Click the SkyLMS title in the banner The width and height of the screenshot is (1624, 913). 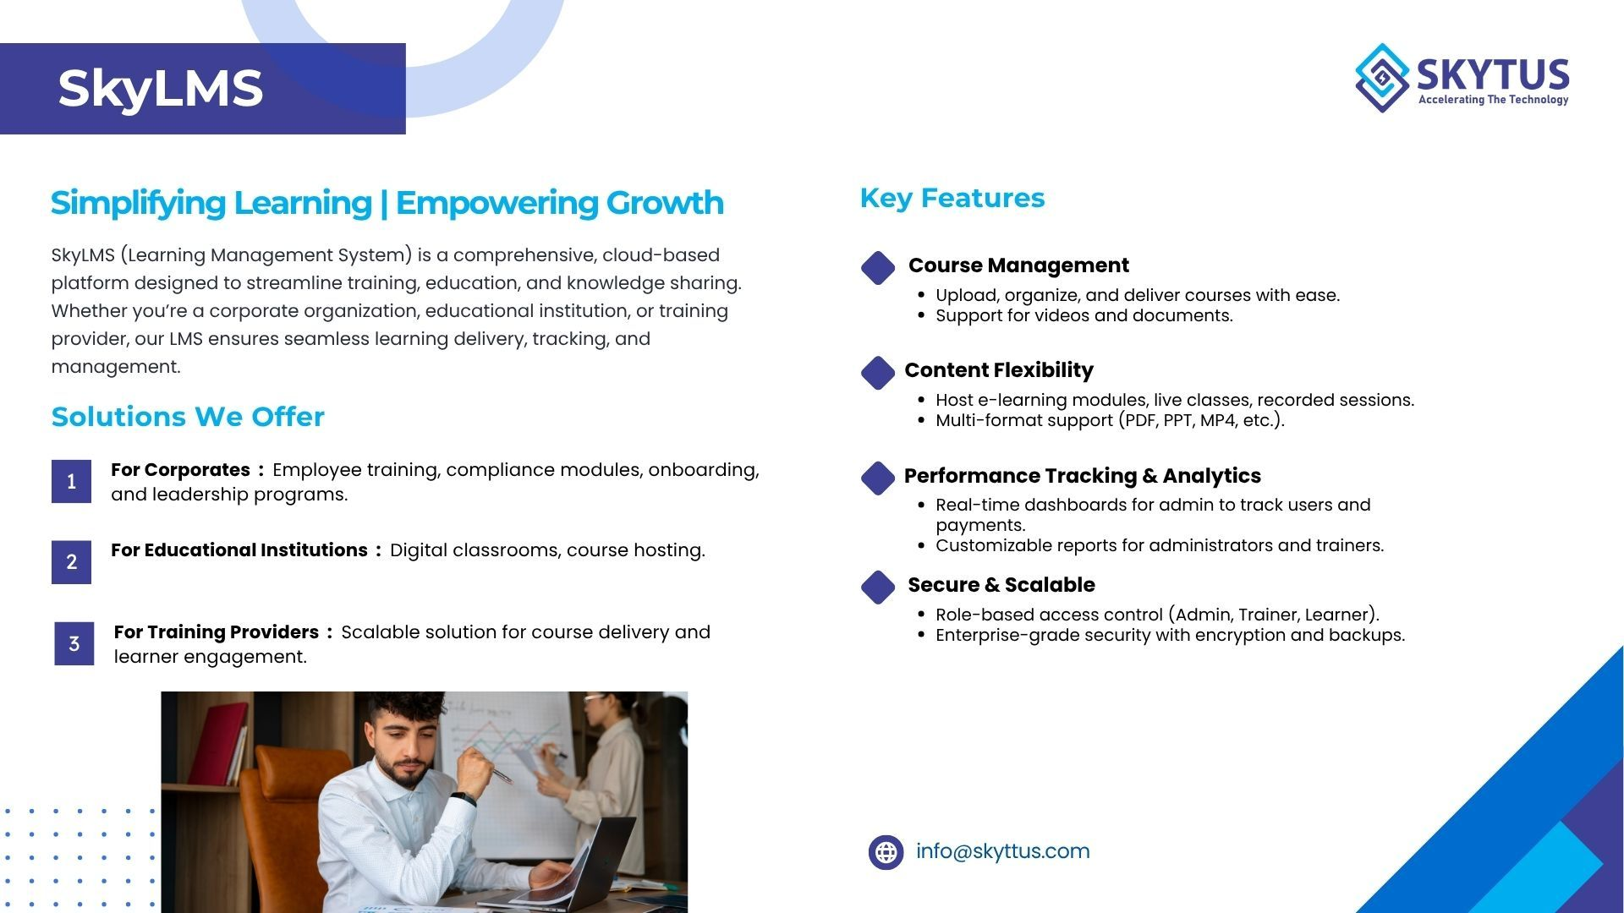tap(160, 89)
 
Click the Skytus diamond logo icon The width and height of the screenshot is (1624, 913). tap(1382, 78)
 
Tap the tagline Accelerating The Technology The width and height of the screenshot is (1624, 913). tap(1493, 100)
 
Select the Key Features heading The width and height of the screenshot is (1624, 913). tap(952, 198)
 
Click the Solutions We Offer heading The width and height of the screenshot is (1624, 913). tap(188, 417)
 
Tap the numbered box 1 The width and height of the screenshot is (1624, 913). tap(71, 482)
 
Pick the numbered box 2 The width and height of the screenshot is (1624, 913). tap(71, 562)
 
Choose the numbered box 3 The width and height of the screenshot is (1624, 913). tap(74, 643)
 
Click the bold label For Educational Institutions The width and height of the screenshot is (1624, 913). tap(239, 550)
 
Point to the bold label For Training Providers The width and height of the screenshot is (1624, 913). tap(217, 632)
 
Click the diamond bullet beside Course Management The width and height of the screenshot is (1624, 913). tap(878, 268)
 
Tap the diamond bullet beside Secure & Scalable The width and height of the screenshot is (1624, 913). tap(878, 588)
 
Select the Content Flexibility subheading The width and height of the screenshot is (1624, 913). tap(999, 370)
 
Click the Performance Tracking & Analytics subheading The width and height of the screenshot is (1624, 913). tap(1083, 476)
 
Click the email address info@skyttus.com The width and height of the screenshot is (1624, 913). tap(1002, 851)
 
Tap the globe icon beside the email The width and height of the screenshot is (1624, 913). tap(886, 852)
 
